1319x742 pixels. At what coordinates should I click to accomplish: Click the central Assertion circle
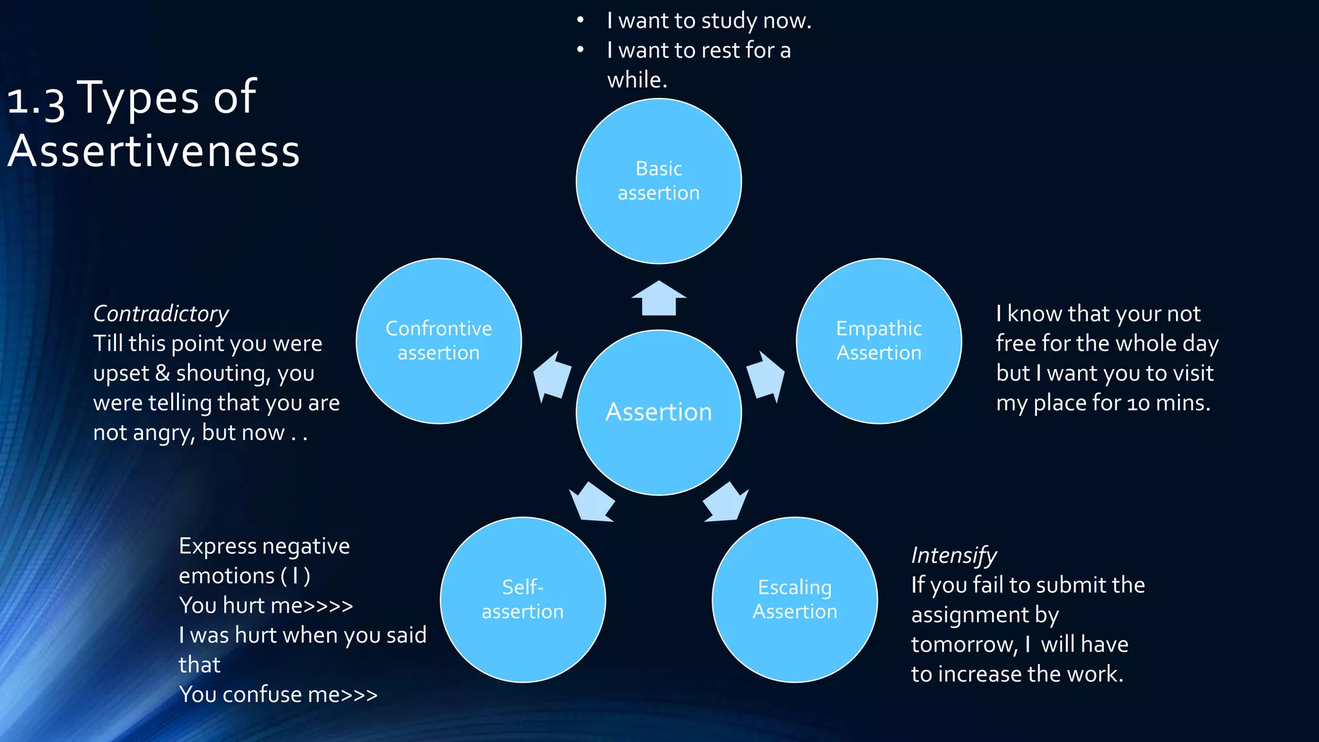pyautogui.click(x=658, y=412)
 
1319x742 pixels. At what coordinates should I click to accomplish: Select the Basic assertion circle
pyautogui.click(x=658, y=181)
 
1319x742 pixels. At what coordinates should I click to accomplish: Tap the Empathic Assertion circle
pyautogui.click(x=878, y=341)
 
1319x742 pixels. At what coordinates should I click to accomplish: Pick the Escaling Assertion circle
pyautogui.click(x=794, y=599)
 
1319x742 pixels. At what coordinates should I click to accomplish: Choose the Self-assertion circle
pyautogui.click(x=522, y=599)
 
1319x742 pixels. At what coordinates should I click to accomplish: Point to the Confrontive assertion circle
pyautogui.click(x=439, y=341)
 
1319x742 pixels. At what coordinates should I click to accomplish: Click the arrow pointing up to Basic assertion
pyautogui.click(x=658, y=299)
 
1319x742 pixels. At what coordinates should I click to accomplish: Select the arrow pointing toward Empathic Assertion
pyautogui.click(x=766, y=376)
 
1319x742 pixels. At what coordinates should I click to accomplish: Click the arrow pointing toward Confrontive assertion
pyautogui.click(x=553, y=376)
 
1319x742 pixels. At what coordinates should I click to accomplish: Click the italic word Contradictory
pyautogui.click(x=161, y=314)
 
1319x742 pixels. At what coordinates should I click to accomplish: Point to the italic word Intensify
pyautogui.click(x=953, y=555)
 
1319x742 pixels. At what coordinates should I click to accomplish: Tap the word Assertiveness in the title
pyautogui.click(x=154, y=151)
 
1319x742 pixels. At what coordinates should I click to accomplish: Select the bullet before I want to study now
pyautogui.click(x=580, y=21)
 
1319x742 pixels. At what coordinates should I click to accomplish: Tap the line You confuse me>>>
pyautogui.click(x=278, y=694)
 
